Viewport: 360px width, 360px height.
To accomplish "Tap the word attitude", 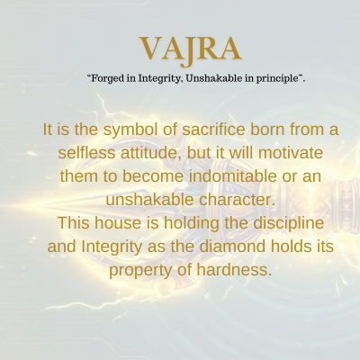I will [152, 153].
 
